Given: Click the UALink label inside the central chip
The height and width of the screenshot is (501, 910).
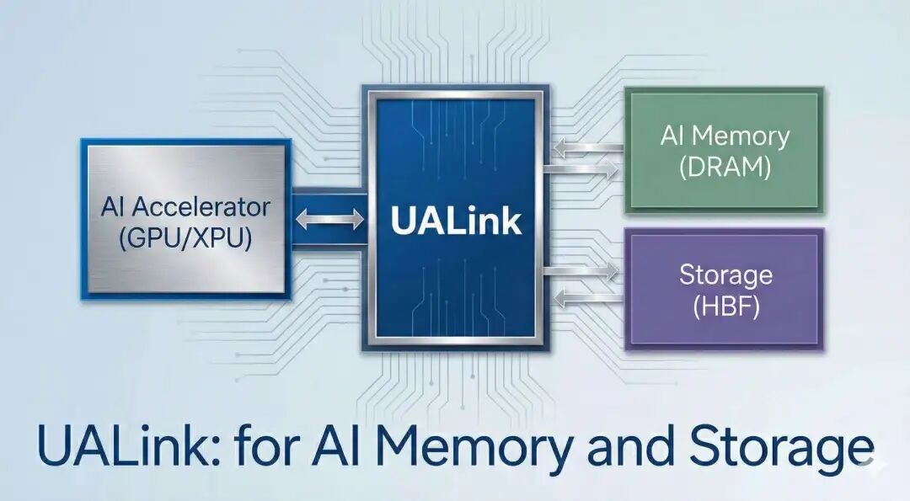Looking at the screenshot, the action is pyautogui.click(x=455, y=221).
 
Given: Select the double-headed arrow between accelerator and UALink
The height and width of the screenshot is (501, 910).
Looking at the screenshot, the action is pyautogui.click(x=329, y=220).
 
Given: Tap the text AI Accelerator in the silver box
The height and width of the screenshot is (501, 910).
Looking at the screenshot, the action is pyautogui.click(x=185, y=206).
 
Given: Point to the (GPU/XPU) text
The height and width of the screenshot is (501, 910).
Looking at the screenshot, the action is pyautogui.click(x=185, y=238).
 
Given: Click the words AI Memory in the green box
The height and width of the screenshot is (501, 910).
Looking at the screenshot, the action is pyautogui.click(x=725, y=136).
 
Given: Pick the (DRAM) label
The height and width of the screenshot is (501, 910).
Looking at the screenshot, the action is pyautogui.click(x=725, y=167).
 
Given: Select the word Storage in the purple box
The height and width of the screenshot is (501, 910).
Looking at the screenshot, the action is pyautogui.click(x=725, y=275).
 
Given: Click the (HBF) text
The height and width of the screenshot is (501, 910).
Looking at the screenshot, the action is pyautogui.click(x=725, y=306).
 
